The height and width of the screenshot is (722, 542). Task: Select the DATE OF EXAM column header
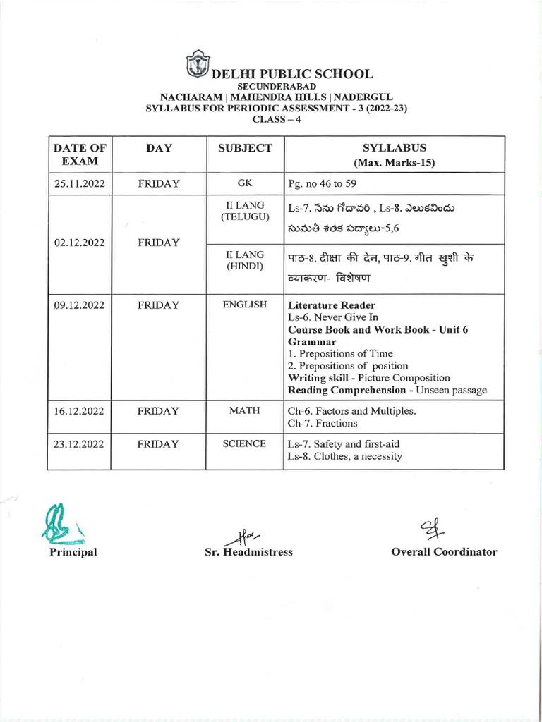80,154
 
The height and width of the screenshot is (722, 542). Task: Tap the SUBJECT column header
245,148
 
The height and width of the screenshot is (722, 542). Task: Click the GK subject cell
245,183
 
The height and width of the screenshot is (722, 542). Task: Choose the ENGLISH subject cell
245,305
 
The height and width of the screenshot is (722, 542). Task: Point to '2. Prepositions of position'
348,366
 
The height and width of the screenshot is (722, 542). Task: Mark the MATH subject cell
245,410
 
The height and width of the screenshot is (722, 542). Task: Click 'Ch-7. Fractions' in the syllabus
323,423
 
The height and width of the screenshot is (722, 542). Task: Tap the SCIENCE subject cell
245,443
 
